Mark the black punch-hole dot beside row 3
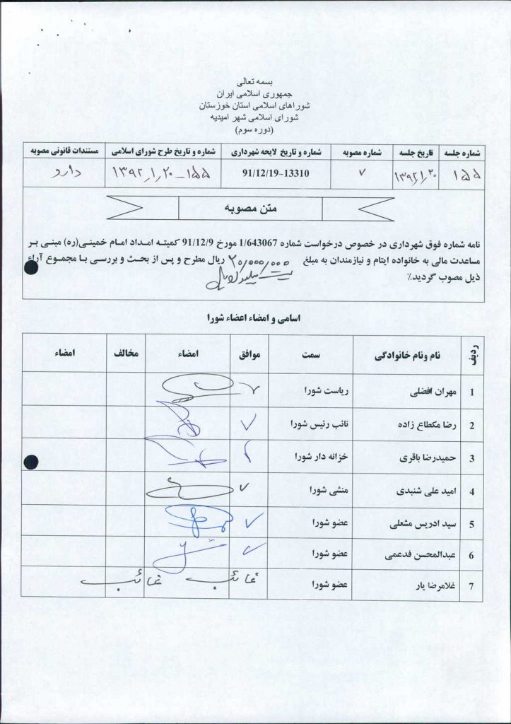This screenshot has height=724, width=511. [x=31, y=462]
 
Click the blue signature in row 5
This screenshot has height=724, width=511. [x=189, y=522]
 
